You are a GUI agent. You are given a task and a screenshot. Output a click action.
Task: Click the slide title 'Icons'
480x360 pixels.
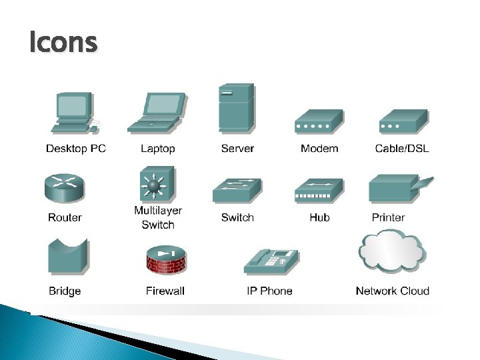[63, 43]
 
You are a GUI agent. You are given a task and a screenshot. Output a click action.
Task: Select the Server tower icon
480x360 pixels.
[236, 109]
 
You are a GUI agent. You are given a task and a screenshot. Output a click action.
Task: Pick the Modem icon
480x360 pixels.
[319, 123]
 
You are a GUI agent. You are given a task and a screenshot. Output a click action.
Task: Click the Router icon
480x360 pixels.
[65, 187]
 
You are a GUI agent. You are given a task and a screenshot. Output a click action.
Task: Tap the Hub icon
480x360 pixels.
[319, 191]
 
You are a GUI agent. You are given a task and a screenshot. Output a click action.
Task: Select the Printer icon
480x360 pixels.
[398, 189]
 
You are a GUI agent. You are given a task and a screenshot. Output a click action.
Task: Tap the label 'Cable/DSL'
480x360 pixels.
[401, 149]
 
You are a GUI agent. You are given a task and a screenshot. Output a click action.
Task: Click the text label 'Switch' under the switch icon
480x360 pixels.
[237, 217]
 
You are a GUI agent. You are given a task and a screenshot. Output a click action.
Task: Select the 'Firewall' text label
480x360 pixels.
[165, 291]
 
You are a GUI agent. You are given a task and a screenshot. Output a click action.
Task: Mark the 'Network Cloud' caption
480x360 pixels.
[392, 291]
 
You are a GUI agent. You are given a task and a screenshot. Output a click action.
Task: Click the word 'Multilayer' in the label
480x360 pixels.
[158, 211]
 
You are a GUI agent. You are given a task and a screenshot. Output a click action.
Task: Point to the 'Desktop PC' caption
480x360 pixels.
[75, 149]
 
